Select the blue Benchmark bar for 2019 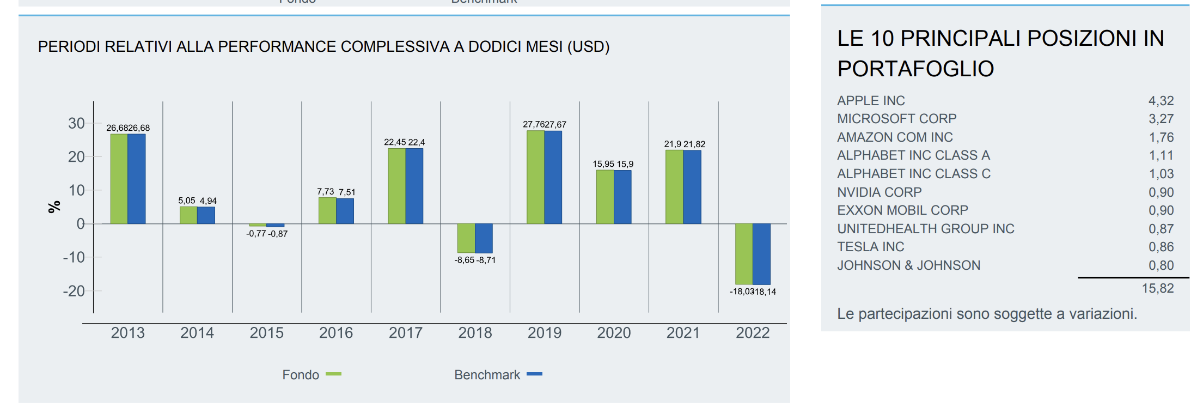tap(553, 177)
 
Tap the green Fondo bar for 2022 tap(743, 253)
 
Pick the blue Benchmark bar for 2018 tap(484, 238)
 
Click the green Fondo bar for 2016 tap(327, 210)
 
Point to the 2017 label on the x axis tap(405, 333)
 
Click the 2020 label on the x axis tap(614, 333)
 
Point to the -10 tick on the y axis tap(74, 257)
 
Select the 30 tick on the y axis tap(76, 123)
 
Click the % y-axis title tap(54, 207)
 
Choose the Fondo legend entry tap(311, 375)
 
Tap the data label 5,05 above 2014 tap(186, 201)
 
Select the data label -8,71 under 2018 tap(486, 260)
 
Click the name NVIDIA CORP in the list tap(879, 192)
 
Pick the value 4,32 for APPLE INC tap(1161, 101)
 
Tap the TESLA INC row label tap(870, 247)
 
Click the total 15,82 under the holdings tap(1157, 288)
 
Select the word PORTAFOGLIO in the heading tap(915, 69)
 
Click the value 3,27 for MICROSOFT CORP tap(1161, 119)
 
